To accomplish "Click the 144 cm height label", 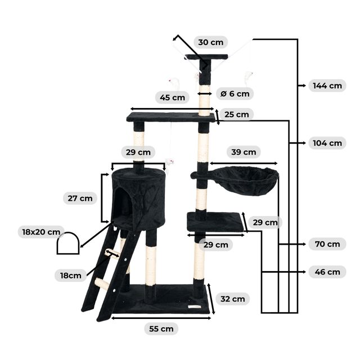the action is click(327, 85).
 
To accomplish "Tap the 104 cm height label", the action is click(327, 143).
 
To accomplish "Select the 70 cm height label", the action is click(327, 244).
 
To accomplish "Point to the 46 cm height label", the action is click(327, 272).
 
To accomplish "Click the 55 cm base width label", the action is click(161, 328).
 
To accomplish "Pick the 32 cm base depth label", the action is click(232, 299).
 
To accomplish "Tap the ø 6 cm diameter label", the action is click(235, 94).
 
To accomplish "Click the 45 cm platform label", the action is click(172, 97).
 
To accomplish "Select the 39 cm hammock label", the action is click(244, 152).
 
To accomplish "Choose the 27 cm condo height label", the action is click(80, 199).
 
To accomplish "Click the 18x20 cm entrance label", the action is click(41, 232).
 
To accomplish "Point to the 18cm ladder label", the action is click(71, 276).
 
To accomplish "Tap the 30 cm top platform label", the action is click(210, 42).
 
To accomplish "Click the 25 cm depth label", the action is click(236, 114).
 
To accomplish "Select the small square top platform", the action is click(206, 57).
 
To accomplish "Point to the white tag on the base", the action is click(194, 307).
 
